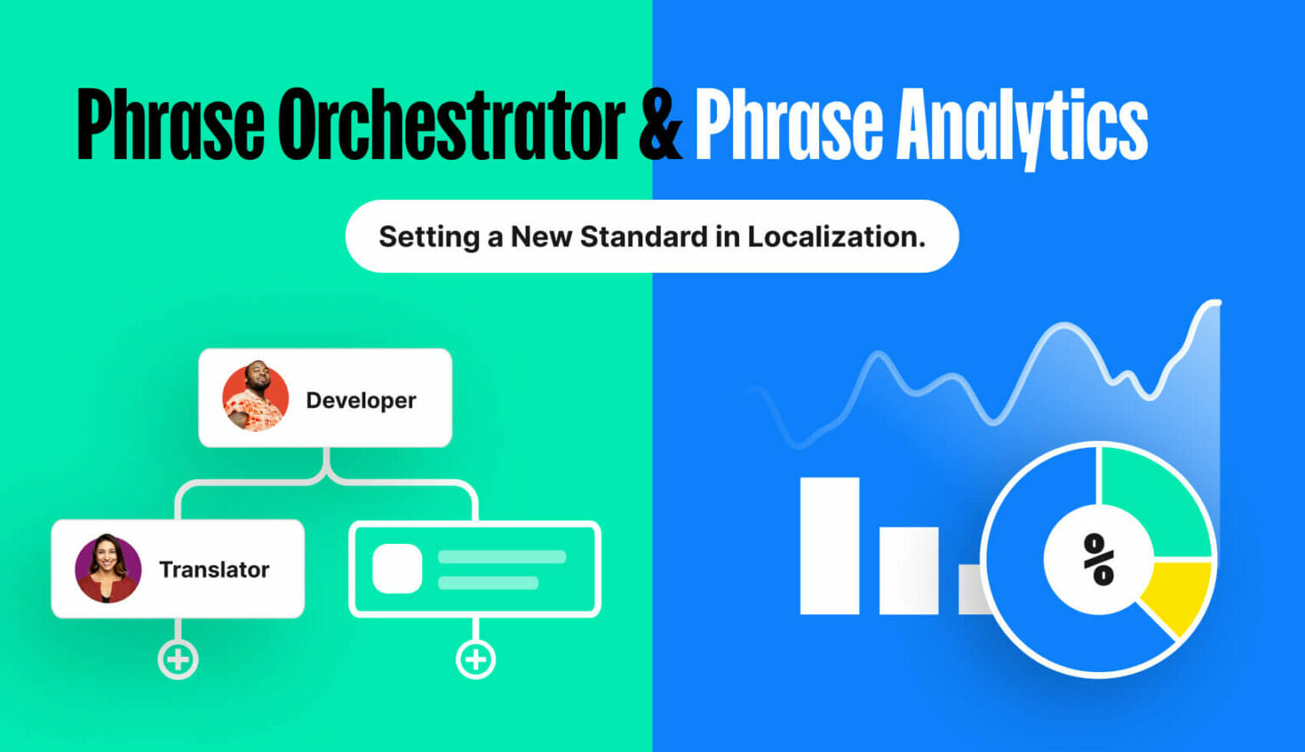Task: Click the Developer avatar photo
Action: (x=255, y=397)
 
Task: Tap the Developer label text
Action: (x=361, y=400)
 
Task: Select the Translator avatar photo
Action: (x=108, y=568)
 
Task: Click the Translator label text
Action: (x=214, y=569)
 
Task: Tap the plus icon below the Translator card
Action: (x=178, y=659)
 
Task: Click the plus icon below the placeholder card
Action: (x=476, y=659)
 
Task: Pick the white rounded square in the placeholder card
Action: (x=397, y=568)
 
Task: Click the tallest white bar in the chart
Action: (x=829, y=546)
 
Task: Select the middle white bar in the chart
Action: (x=908, y=570)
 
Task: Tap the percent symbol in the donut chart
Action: (x=1099, y=559)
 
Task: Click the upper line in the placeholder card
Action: (x=501, y=557)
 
